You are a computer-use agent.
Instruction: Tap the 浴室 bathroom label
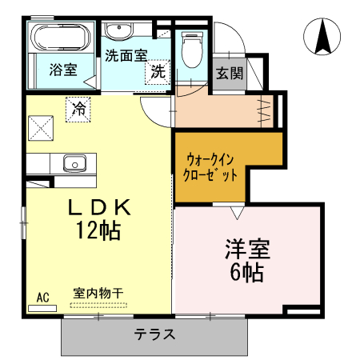pos(62,70)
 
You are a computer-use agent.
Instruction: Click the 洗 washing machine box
pos(158,71)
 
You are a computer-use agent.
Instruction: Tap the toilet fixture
pos(191,50)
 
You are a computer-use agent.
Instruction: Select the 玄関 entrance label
pos(230,74)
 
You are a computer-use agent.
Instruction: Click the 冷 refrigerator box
pos(78,108)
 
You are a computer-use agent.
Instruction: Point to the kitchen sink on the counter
pos(76,163)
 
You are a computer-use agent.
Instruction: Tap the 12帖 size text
pos(99,231)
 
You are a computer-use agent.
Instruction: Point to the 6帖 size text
pos(246,272)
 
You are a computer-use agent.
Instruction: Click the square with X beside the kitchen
pos(41,128)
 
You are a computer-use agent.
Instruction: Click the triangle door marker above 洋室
pos(238,214)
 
